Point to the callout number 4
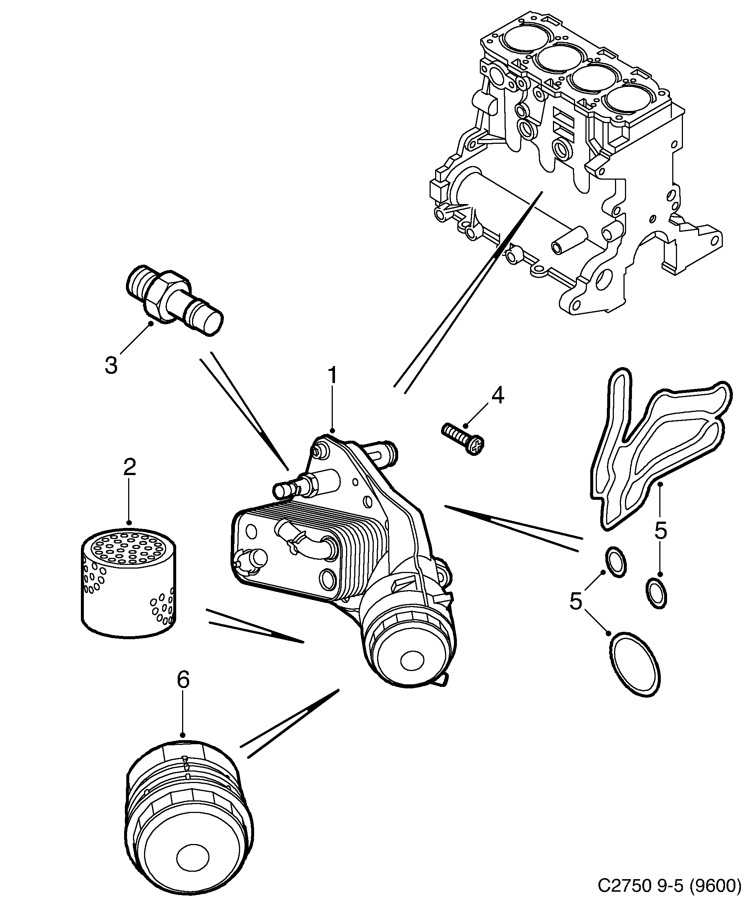(x=497, y=396)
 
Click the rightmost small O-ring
(x=655, y=592)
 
